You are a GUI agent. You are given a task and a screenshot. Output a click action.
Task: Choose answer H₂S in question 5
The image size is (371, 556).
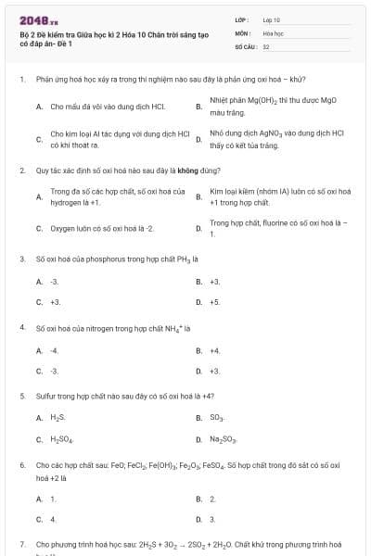click(x=58, y=417)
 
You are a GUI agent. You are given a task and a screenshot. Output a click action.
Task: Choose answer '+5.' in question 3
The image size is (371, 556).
click(x=214, y=302)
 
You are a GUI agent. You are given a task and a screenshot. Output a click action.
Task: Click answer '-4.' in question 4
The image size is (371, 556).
click(x=55, y=350)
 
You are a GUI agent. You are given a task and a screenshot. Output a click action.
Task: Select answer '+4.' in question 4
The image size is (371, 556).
click(x=214, y=350)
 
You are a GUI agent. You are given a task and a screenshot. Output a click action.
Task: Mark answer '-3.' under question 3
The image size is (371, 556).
click(x=55, y=281)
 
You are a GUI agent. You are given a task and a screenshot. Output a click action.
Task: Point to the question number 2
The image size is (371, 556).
click(x=21, y=171)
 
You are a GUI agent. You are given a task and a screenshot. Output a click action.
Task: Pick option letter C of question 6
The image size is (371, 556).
click(x=39, y=520)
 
